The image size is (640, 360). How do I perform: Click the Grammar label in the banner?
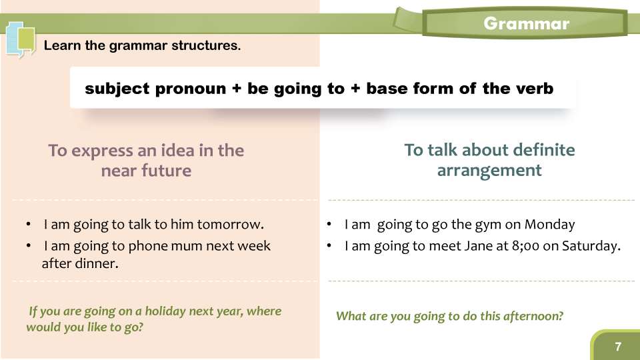pyautogui.click(x=526, y=24)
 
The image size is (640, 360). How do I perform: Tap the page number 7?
pyautogui.click(x=618, y=347)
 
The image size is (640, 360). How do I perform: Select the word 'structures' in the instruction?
pyautogui.click(x=206, y=45)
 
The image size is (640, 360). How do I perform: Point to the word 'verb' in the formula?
pyautogui.click(x=535, y=88)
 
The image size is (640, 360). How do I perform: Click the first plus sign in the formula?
pyautogui.click(x=237, y=89)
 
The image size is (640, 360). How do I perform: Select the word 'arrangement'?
pyautogui.click(x=489, y=170)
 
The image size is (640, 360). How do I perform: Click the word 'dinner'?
pyautogui.click(x=97, y=263)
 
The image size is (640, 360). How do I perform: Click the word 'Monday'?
pyautogui.click(x=549, y=224)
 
